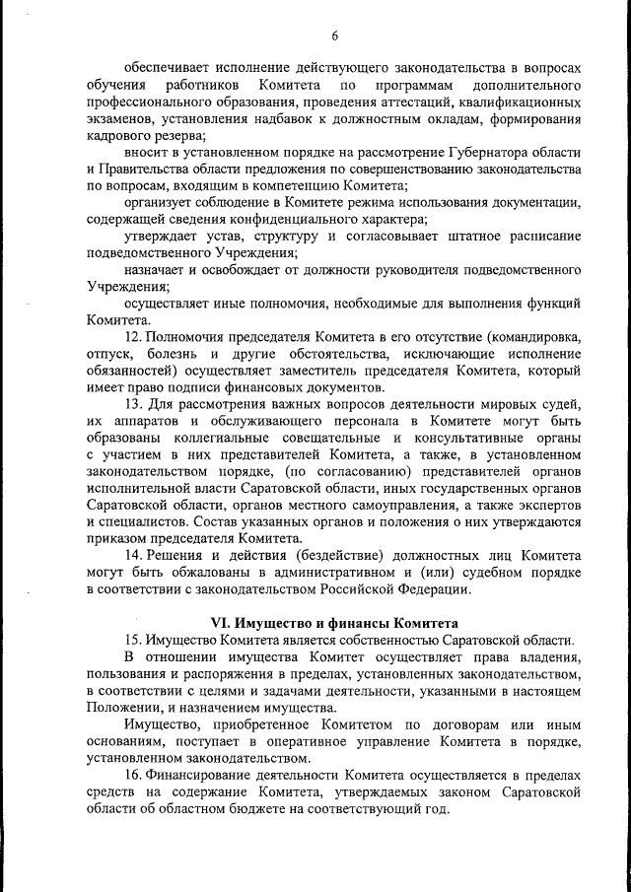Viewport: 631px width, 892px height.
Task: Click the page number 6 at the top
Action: pos(334,36)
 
